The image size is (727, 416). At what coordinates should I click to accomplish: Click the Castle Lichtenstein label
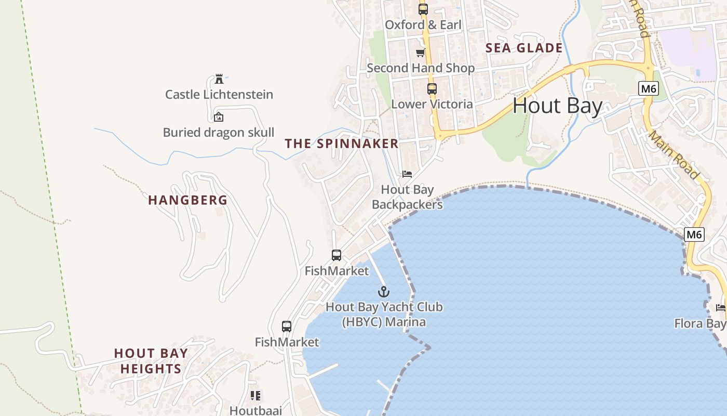coord(219,95)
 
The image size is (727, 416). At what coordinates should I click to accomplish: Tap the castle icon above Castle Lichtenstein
coord(219,79)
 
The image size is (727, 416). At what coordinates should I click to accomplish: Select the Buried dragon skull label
coord(219,133)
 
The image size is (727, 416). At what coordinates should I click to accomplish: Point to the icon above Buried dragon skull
coord(219,117)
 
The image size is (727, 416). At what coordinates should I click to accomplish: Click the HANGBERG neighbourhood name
coord(188,200)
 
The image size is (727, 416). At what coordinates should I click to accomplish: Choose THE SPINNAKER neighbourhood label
coord(342,144)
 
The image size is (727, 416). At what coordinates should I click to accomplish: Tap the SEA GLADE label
coord(524,48)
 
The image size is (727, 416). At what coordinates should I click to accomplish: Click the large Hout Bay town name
coord(558,106)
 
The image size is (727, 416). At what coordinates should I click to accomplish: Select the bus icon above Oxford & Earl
coord(423,9)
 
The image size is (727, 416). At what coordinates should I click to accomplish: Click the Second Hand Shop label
coord(421,68)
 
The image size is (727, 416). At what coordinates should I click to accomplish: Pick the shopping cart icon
coord(420,53)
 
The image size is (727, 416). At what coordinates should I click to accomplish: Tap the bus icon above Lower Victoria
coord(432,89)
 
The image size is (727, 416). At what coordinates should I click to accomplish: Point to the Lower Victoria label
coord(432,104)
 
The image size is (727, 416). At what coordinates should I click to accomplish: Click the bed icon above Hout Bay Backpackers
coord(407,174)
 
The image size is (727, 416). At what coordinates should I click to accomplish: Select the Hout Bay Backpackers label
coord(408,197)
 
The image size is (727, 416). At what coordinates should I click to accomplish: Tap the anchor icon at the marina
coord(384,292)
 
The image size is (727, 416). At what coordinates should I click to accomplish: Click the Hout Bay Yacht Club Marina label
coord(384,315)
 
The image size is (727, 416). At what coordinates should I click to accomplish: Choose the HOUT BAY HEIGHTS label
coord(151,361)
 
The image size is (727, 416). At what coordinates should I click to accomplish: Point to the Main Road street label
coord(674,155)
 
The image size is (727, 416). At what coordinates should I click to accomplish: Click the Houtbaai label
coord(255,410)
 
